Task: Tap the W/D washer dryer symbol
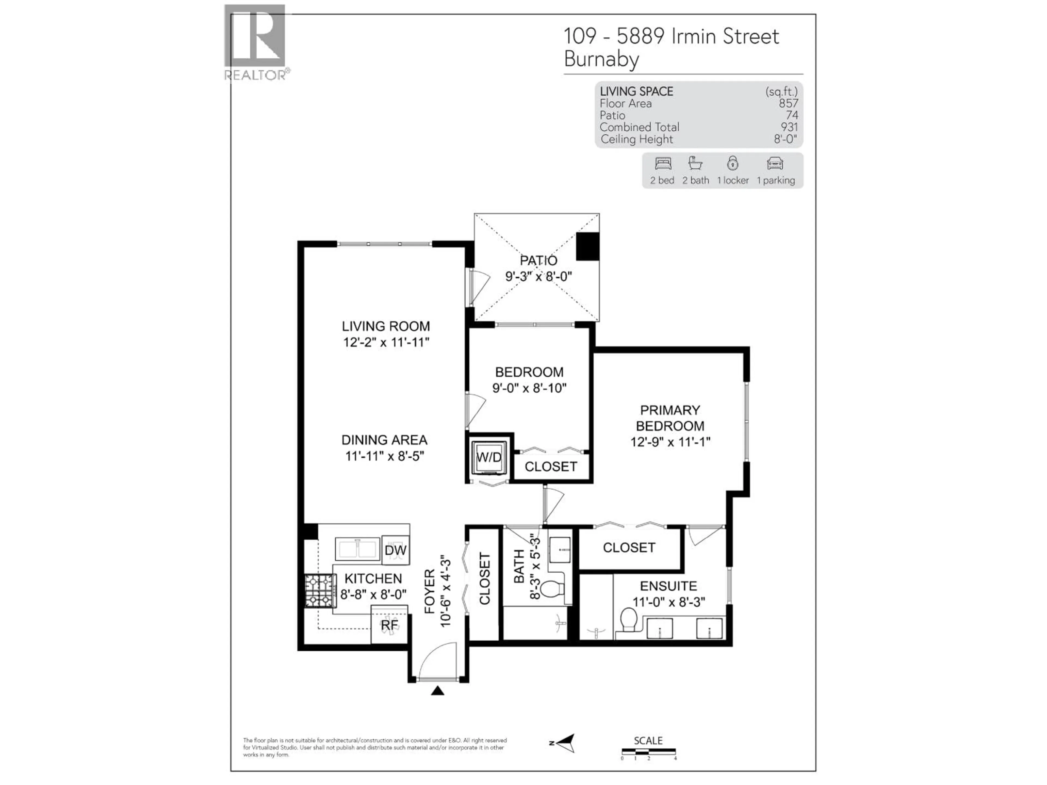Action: pyautogui.click(x=489, y=457)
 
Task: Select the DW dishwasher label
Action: pyautogui.click(x=395, y=550)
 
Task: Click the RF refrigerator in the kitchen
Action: pyautogui.click(x=389, y=625)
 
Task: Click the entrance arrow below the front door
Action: pyautogui.click(x=437, y=691)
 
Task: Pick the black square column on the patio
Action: pyautogui.click(x=587, y=246)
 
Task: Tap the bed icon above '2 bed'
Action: pyautogui.click(x=663, y=164)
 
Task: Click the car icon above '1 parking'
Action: pyautogui.click(x=775, y=164)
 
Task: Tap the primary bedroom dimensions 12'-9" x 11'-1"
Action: pyautogui.click(x=670, y=442)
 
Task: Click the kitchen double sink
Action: pyautogui.click(x=357, y=549)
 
